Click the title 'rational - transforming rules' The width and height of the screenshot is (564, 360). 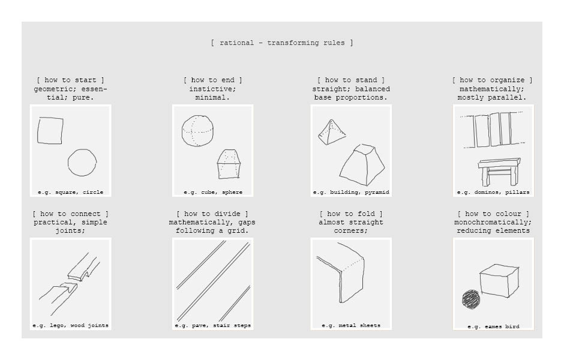(x=282, y=43)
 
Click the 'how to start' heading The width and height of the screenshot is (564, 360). (x=71, y=80)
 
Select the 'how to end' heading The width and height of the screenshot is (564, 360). (x=212, y=80)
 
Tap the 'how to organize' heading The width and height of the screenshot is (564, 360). (x=492, y=80)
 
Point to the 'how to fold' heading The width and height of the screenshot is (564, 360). (x=351, y=214)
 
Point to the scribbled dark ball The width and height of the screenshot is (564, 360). (x=471, y=299)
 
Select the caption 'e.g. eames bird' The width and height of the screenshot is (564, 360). (x=493, y=326)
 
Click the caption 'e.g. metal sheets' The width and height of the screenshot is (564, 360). (x=351, y=325)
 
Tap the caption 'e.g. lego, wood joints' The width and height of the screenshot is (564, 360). (x=71, y=325)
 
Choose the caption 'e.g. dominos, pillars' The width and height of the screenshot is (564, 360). (x=493, y=193)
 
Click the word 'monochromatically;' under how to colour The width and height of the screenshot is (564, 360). (x=493, y=222)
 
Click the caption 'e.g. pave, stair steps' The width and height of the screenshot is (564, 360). (x=213, y=325)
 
